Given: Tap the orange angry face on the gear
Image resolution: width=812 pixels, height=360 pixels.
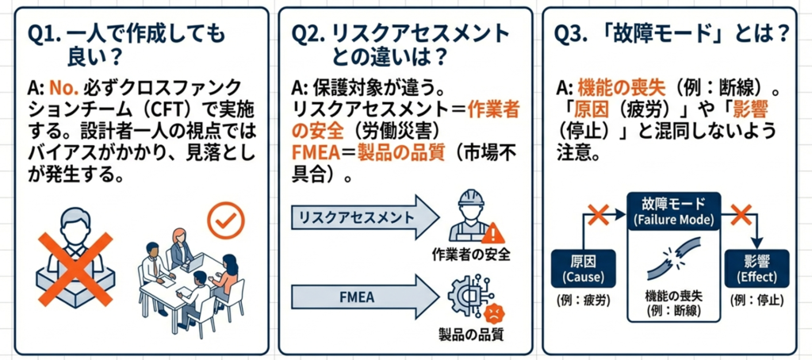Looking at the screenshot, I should pyautogui.click(x=488, y=309).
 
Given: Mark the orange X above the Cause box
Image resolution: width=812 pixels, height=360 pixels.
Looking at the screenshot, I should pyautogui.click(x=597, y=213).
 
